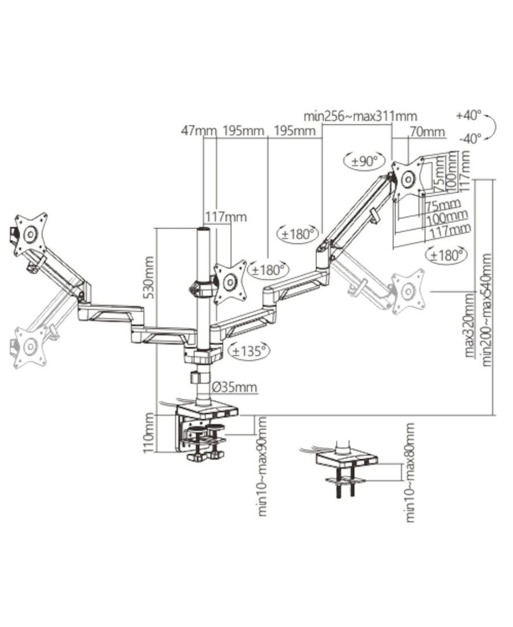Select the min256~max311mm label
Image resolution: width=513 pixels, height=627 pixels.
pos(360,116)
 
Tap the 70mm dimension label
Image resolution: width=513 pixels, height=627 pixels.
pos(427,131)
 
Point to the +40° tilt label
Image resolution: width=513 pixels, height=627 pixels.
pos(469,116)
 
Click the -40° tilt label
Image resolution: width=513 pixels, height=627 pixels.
pos(470,139)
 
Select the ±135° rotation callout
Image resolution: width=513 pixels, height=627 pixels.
pos(249,351)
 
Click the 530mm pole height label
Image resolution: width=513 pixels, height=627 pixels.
pos(149,277)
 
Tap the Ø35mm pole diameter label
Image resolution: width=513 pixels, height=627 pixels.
pos(235,387)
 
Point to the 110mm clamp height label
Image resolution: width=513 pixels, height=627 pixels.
pos(149,433)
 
